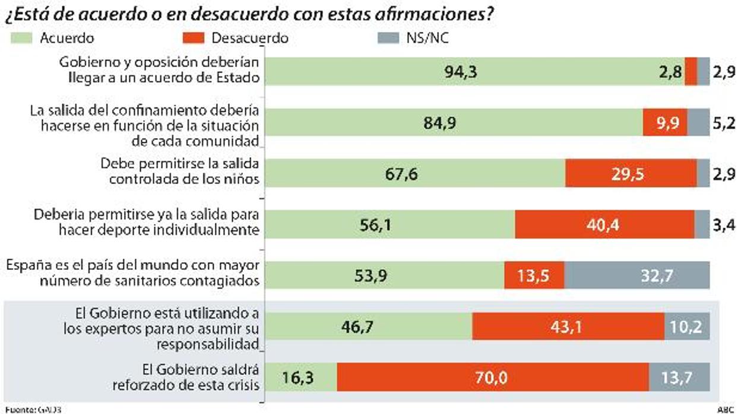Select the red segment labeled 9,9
coord(665,124)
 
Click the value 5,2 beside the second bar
coord(723,124)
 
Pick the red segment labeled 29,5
coord(631,174)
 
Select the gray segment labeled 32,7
coord(636,276)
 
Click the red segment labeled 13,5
coord(534,276)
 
